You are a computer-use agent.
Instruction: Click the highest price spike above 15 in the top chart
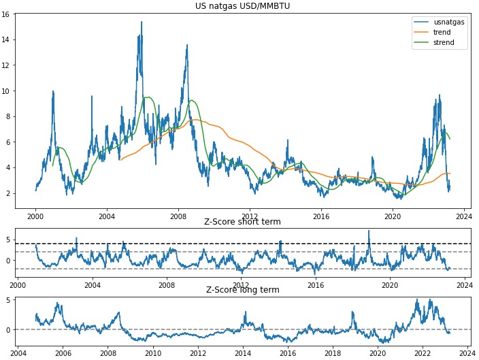[142, 22]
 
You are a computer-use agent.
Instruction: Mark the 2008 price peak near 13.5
[187, 46]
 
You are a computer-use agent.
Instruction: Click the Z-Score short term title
[242, 222]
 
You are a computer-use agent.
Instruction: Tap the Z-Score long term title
[242, 290]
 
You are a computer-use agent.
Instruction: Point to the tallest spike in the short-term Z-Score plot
[369, 231]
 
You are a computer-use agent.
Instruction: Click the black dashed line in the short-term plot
[204, 244]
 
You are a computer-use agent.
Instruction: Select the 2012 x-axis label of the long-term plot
[198, 353]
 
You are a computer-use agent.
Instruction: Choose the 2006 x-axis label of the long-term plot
[63, 353]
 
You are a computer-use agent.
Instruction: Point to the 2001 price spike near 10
[52, 91]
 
